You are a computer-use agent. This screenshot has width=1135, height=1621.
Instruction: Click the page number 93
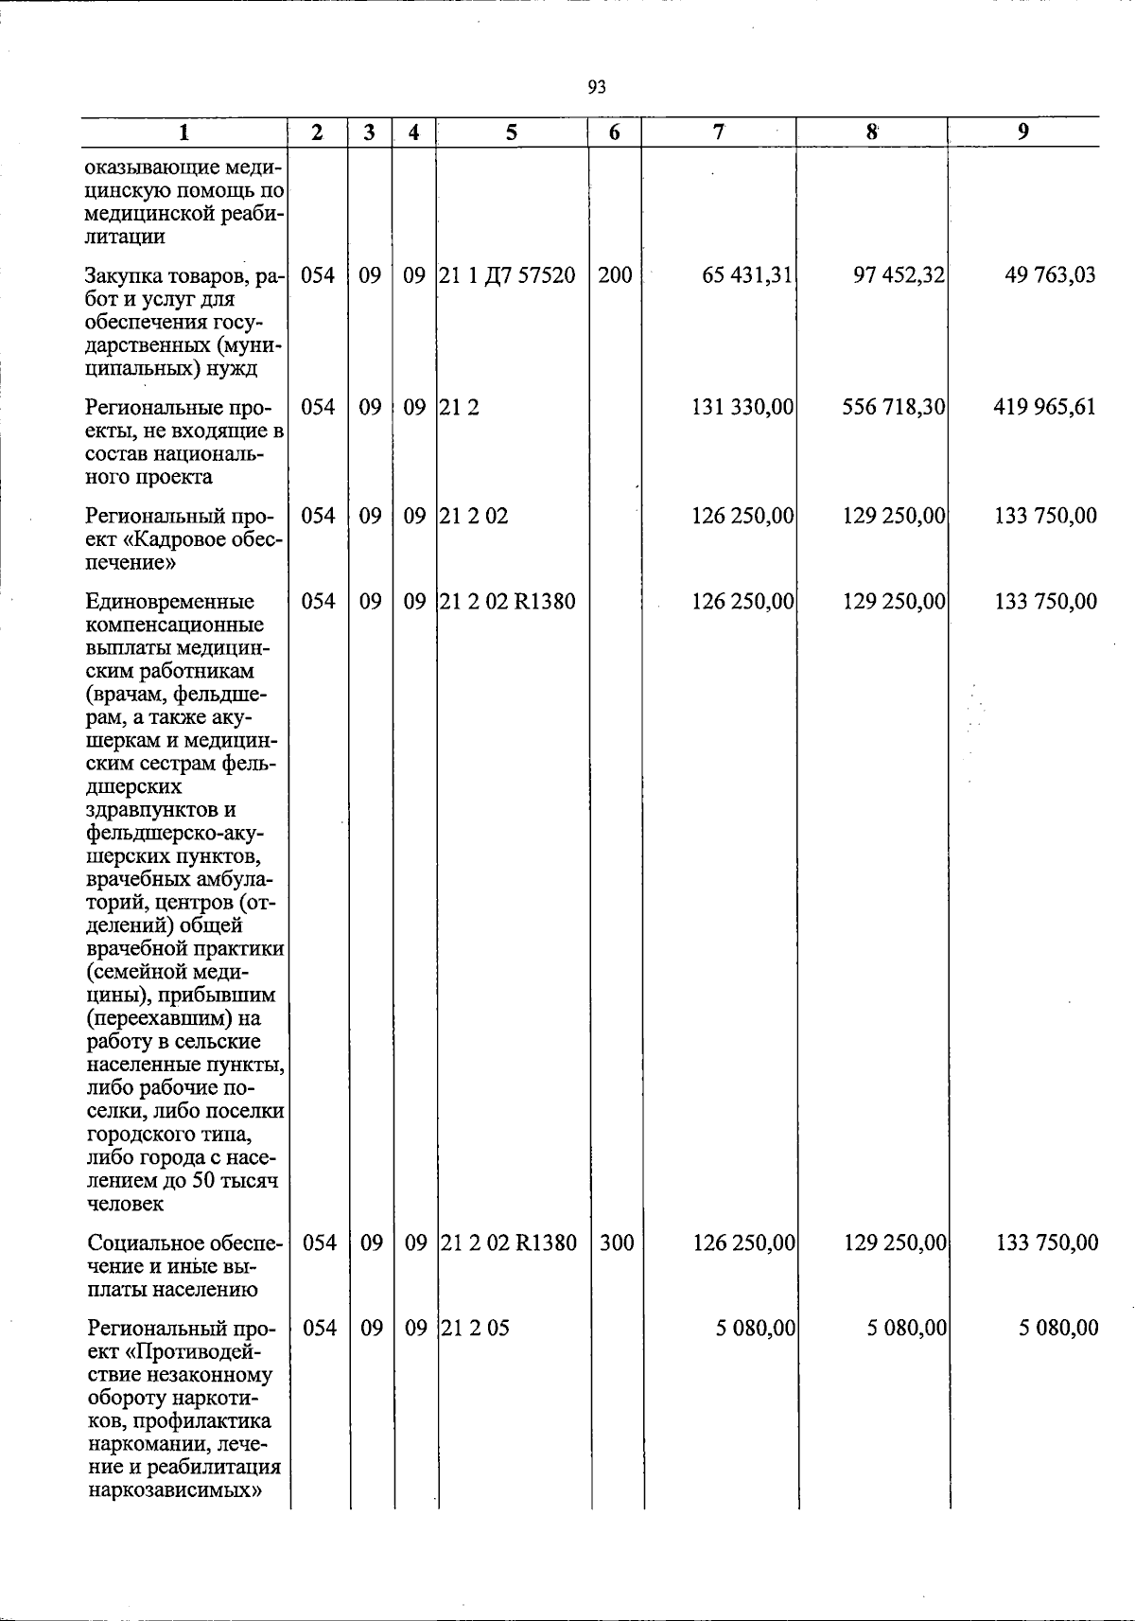pos(597,88)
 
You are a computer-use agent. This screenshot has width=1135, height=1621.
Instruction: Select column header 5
pos(511,133)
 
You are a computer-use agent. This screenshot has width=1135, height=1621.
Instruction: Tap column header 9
pos(1023,132)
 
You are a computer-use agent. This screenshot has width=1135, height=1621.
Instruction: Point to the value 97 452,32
pos(899,275)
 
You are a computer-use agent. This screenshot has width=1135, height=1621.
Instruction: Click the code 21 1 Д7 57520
pos(508,275)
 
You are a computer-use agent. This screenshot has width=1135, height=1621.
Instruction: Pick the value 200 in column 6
pos(615,275)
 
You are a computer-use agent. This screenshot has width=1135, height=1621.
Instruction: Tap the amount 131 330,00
pos(742,407)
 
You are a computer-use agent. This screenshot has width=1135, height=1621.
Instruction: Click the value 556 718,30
pos(894,407)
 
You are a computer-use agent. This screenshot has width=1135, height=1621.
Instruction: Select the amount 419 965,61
pos(1045,407)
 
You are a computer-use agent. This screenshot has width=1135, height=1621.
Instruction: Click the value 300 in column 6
pos(617,1242)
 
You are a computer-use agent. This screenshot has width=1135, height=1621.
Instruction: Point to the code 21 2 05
pos(476,1328)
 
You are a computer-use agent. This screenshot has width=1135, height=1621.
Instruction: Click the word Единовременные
pos(169,602)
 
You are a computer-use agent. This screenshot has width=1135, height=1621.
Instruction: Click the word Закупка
pos(121,276)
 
